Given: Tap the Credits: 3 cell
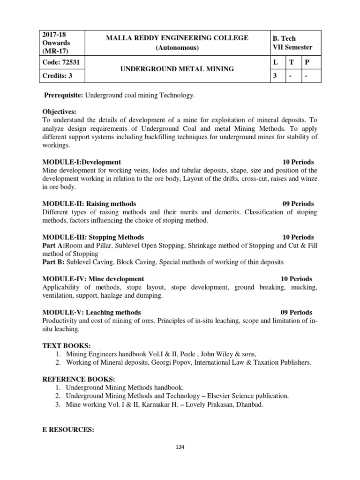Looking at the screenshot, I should point(57,75).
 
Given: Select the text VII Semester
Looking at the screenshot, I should point(292,47).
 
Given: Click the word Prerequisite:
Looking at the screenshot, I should point(63,96).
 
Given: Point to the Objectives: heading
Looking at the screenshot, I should point(59,112).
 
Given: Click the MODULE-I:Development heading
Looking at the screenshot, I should point(82,162).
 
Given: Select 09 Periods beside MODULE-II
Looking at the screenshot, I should point(298,204).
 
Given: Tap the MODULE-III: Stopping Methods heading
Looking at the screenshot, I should point(93,237).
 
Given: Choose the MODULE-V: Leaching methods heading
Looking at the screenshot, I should point(91,312).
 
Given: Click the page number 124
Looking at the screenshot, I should point(180,447).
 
